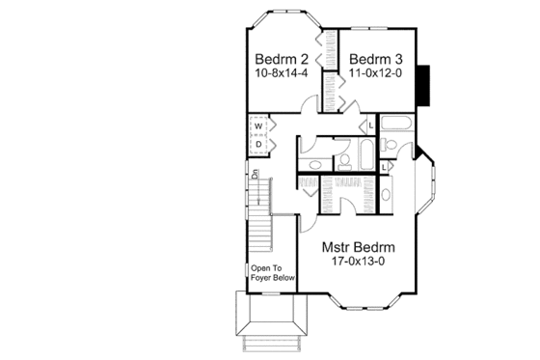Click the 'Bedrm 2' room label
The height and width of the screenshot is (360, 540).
pyautogui.click(x=276, y=57)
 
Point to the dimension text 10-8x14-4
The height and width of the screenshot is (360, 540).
pyautogui.click(x=276, y=72)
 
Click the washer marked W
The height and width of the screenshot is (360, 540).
pyautogui.click(x=259, y=125)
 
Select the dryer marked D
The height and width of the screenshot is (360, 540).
pyautogui.click(x=259, y=144)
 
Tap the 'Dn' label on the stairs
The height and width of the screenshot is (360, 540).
pyautogui.click(x=256, y=176)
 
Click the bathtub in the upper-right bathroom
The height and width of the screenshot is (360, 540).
pyautogui.click(x=395, y=123)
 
